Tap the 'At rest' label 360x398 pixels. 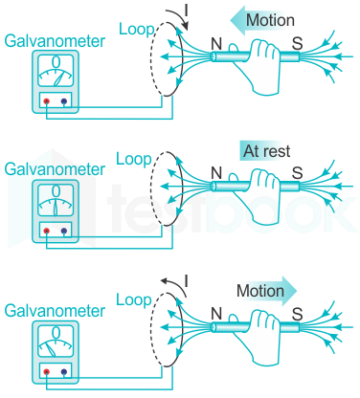(267, 151)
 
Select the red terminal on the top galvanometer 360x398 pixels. (47, 101)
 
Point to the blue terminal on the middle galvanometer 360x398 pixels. (64, 231)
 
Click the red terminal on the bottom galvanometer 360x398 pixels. (47, 372)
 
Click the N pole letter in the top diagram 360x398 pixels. (216, 44)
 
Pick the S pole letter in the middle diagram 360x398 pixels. (297, 173)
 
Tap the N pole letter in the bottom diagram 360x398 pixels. (216, 314)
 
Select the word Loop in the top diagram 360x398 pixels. (137, 30)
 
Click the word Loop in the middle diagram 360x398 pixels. (134, 159)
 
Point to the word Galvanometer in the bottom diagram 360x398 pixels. (55, 311)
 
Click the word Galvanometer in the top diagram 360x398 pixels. (55, 41)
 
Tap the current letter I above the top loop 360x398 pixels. (186, 11)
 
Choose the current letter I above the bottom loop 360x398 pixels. (186, 281)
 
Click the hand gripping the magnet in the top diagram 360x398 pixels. (258, 65)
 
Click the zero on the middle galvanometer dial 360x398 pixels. (56, 191)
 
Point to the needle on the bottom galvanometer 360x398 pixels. (50, 349)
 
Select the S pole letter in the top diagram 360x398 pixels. (297, 44)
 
